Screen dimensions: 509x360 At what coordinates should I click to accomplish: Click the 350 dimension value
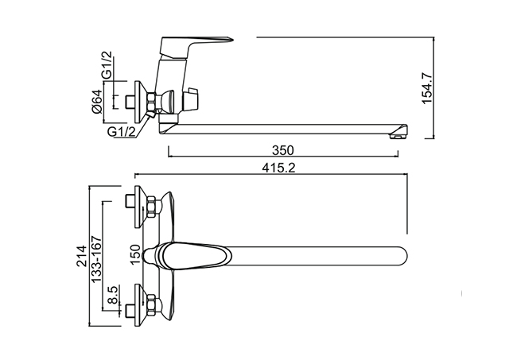point(283,150)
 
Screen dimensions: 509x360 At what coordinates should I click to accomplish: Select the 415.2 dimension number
point(279,168)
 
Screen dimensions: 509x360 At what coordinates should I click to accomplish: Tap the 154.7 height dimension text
point(427,88)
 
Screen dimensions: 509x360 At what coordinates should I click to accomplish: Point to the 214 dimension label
point(82,256)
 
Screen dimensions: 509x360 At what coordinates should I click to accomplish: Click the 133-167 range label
point(96,259)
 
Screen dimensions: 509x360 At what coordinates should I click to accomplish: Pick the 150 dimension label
point(136,254)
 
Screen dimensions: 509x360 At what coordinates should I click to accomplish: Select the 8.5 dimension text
point(113,295)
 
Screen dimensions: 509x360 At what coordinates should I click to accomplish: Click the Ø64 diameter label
point(97,101)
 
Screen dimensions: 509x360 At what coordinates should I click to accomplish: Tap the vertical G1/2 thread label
point(107,65)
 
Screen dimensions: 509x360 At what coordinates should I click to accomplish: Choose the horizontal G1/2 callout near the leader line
point(122,132)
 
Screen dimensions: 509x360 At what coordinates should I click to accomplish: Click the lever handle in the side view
point(196,48)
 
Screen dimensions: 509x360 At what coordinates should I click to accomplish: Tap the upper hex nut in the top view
point(152,207)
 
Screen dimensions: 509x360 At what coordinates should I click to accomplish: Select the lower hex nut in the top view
point(152,305)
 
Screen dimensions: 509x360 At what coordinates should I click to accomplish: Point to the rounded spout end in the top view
point(402,257)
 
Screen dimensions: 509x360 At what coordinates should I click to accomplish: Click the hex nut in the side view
point(152,102)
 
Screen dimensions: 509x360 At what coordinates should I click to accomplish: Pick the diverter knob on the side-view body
point(191,98)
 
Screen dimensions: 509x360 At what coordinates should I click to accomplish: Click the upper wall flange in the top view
point(140,207)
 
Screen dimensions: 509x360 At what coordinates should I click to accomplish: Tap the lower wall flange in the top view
point(140,305)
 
